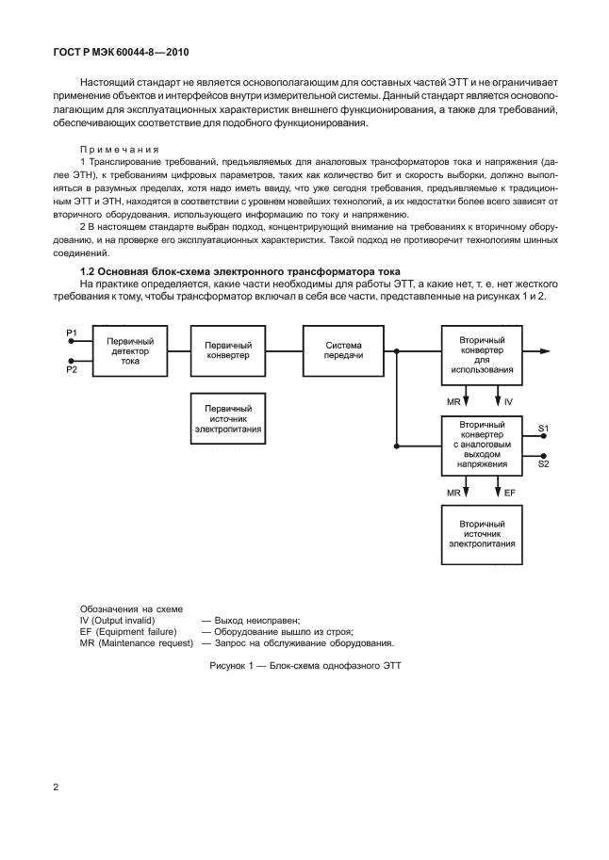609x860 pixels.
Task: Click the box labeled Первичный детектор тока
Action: click(131, 350)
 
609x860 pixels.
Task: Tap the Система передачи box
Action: click(343, 350)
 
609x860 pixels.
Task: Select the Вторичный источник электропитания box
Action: click(479, 533)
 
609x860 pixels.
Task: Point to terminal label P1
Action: click(72, 333)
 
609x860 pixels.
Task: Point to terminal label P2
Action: click(72, 371)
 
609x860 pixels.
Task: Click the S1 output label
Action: click(544, 430)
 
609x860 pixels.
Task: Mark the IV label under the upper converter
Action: click(509, 402)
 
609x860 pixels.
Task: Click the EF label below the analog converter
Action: click(510, 493)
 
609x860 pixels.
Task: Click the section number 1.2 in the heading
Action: click(89, 271)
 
